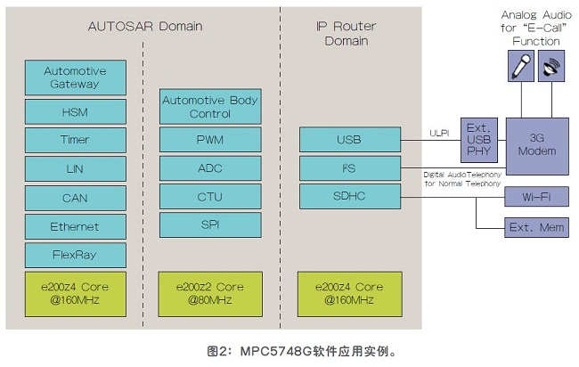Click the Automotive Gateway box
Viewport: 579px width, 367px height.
click(75, 77)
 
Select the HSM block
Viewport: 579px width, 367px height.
click(75, 111)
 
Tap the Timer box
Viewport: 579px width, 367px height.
click(75, 140)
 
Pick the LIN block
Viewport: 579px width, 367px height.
click(75, 168)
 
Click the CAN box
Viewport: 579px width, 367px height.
click(75, 198)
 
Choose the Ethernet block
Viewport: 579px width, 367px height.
click(75, 226)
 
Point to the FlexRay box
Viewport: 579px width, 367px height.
click(75, 255)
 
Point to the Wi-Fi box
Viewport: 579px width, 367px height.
click(536, 197)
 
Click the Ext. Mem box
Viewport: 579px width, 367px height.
click(536, 227)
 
